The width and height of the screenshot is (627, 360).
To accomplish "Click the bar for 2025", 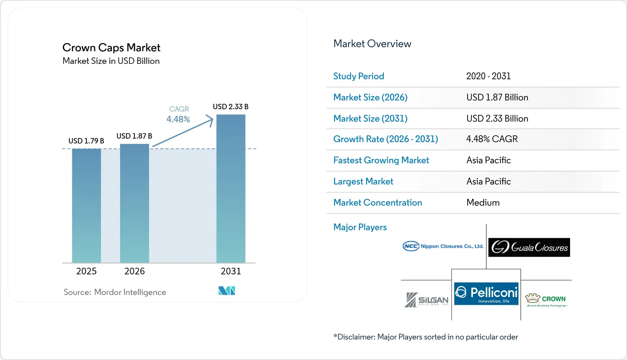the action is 86,206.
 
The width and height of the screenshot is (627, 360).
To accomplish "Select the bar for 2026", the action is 135,203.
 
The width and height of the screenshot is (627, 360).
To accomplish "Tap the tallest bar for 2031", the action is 231,189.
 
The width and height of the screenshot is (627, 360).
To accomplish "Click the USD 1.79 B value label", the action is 86,141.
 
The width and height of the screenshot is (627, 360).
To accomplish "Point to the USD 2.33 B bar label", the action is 231,107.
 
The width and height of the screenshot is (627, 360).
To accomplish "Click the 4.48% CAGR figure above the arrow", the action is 178,119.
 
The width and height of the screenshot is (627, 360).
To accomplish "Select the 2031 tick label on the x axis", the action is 231,271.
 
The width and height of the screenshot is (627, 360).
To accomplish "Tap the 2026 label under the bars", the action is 135,271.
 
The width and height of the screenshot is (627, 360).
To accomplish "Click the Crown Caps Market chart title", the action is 111,47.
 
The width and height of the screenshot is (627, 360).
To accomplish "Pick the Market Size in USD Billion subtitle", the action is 111,61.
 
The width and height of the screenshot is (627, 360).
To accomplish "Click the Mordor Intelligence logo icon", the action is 227,291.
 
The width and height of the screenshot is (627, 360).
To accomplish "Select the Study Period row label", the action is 359,76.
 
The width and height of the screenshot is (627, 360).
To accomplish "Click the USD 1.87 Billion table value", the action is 497,97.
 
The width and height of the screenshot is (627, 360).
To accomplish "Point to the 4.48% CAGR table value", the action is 492,139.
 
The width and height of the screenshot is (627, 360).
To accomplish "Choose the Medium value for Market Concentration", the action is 483,203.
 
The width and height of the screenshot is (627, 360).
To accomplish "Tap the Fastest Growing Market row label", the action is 381,160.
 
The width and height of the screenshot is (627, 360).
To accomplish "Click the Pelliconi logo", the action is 486,293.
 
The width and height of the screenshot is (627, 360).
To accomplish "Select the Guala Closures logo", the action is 529,247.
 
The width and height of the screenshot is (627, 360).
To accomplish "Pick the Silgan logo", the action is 427,300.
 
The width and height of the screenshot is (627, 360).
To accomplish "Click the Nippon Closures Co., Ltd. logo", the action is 443,246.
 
